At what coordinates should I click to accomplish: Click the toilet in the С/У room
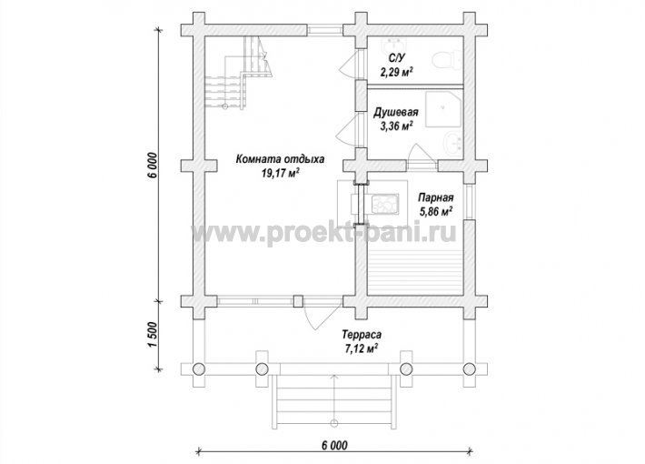447,60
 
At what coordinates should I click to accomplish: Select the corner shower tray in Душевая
443,109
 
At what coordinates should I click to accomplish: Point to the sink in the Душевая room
453,143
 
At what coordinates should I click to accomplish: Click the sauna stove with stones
385,204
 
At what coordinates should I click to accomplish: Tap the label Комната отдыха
280,159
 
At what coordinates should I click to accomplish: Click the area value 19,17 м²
280,174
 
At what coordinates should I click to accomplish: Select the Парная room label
436,197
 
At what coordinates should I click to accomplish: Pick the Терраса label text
362,334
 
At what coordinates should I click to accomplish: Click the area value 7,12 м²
362,349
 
